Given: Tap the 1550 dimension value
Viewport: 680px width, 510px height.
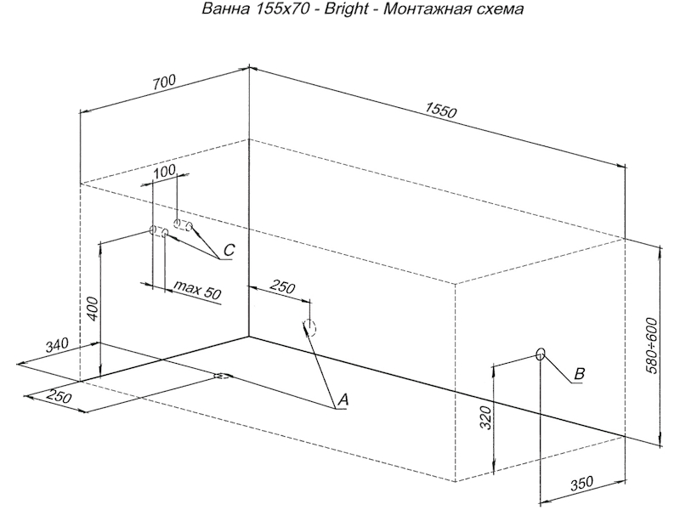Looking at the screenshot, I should pos(441,110).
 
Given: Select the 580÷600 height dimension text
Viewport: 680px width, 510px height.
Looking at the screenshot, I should pos(652,344).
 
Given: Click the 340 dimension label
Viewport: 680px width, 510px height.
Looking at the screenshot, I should pos(56,345).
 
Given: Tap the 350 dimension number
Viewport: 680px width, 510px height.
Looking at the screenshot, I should pos(581,484).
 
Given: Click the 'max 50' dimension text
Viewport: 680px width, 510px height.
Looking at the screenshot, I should pos(196,292).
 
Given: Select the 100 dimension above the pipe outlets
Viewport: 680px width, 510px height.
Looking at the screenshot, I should pos(165,171).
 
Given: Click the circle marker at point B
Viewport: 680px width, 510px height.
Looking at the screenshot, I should pos(540,353).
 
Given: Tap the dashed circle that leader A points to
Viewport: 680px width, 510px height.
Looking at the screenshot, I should pos(310,328).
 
